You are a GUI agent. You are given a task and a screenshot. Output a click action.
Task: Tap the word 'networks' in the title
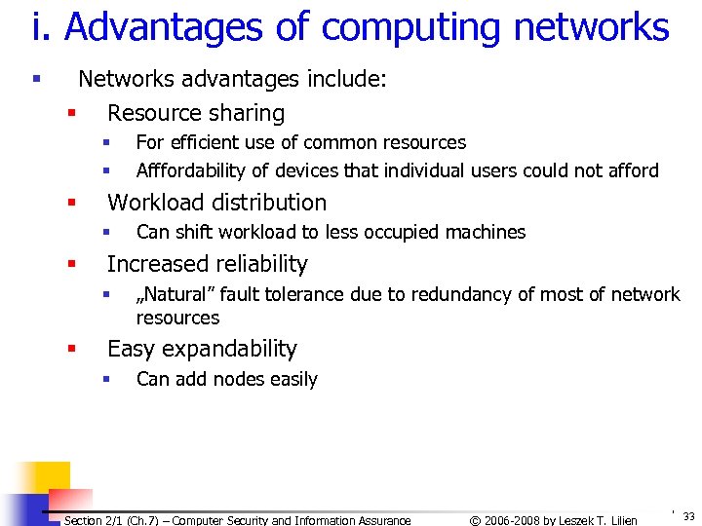592,28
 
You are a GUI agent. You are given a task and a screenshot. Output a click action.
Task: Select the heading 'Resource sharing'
196,113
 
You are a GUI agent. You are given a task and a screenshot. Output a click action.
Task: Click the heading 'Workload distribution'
216,203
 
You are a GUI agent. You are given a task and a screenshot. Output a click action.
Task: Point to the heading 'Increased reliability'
207,264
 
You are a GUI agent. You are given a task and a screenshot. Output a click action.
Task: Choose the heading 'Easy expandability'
202,349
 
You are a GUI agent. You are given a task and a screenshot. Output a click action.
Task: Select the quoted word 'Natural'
175,294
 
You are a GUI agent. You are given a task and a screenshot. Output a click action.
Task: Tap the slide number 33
688,516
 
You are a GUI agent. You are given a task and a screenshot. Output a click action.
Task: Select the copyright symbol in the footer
475,520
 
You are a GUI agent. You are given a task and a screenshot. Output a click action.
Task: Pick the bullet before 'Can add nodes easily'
107,379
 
